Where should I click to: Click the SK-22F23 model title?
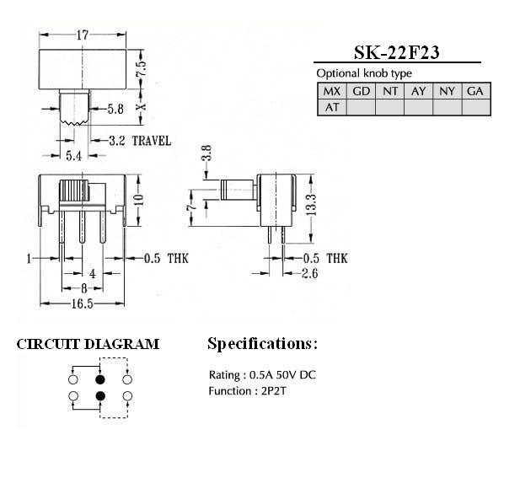coord(397,52)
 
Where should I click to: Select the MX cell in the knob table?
coord(332,91)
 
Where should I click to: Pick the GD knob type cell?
coord(361,91)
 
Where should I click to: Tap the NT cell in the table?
coord(389,91)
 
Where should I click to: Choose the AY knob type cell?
coord(419,91)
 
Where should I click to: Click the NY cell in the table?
coord(447,91)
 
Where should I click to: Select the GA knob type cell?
coord(476,91)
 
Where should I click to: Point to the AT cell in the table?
coord(332,107)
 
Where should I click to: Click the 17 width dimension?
coord(83,35)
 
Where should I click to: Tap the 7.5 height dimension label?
coord(141,68)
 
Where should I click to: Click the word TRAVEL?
coord(152,141)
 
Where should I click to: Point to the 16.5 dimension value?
coord(83,303)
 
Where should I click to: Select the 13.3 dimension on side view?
coord(311,206)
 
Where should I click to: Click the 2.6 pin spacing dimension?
coord(310,274)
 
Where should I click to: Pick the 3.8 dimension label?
coord(206,153)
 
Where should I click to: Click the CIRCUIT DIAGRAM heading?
coord(88,344)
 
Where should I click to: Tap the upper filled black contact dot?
coord(100,379)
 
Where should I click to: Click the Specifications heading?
coord(262,344)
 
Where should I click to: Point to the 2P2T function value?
coord(273,391)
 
